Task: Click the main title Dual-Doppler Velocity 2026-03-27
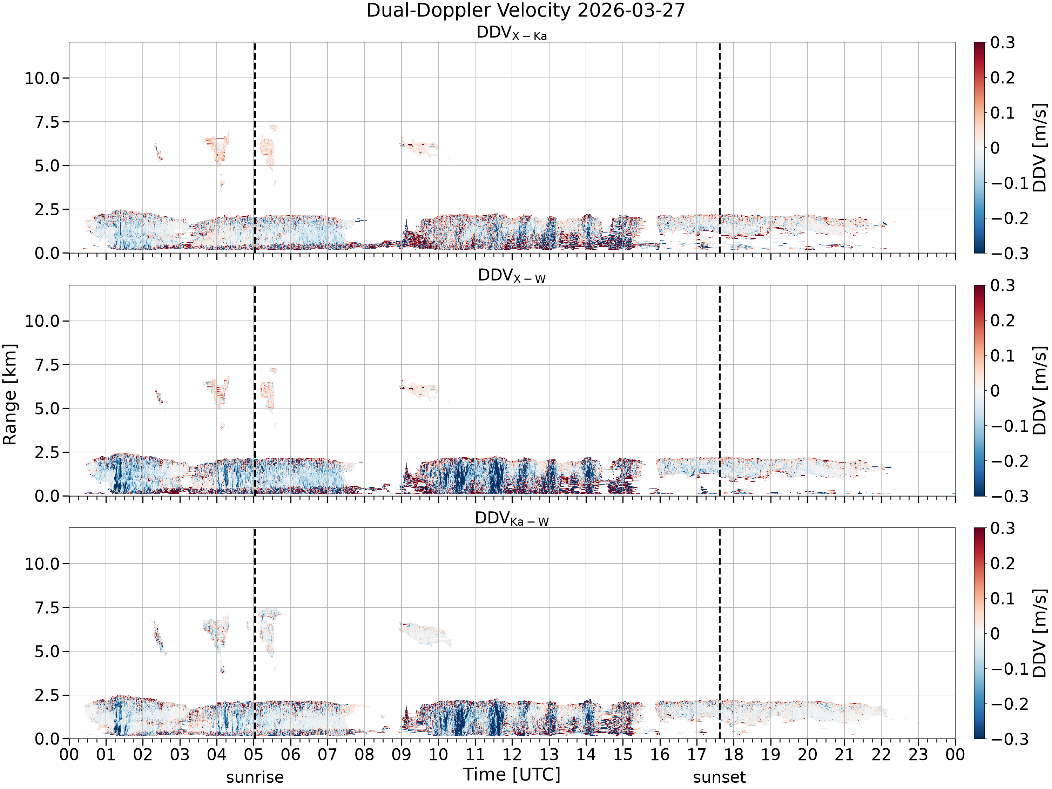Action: pos(526,11)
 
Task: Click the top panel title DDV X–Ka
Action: pos(512,33)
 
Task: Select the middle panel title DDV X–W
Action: pos(512,276)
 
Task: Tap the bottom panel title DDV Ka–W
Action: pos(512,518)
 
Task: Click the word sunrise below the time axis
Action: pos(255,777)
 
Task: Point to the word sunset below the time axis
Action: pos(719,777)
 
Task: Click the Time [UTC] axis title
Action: pos(512,775)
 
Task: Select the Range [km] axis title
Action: pos(10,394)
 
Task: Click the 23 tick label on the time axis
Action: pos(918,755)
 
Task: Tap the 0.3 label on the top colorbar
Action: pos(1002,43)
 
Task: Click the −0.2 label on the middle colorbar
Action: pos(1009,461)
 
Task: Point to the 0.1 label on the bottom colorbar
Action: pos(1002,598)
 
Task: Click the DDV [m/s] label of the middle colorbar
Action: pos(1040,390)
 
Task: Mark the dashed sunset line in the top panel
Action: pos(719,147)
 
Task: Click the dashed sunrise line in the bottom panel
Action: pos(255,633)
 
